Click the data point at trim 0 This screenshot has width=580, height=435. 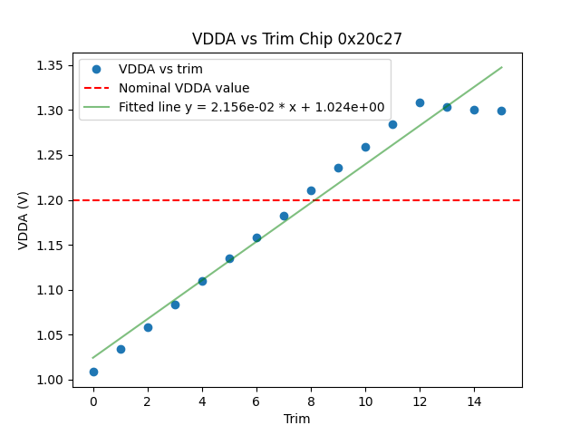point(93,372)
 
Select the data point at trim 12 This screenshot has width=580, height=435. point(420,102)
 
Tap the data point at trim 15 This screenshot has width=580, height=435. point(501,111)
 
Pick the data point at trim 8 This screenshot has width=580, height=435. point(311,190)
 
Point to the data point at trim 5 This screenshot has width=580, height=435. point(229,258)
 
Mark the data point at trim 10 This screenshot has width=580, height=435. point(365,147)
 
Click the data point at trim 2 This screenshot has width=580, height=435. point(148,327)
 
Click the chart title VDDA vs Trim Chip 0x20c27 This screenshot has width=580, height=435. point(297,39)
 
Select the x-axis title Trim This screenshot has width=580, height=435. point(296,419)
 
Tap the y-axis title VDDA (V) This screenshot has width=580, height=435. point(24,219)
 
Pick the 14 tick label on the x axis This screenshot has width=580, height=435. point(474,401)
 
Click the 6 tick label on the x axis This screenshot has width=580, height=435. point(256,401)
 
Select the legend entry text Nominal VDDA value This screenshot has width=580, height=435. point(184,88)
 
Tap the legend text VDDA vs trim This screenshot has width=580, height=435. point(160,69)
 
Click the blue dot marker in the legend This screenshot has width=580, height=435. point(96,69)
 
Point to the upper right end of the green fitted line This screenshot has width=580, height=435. point(501,67)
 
